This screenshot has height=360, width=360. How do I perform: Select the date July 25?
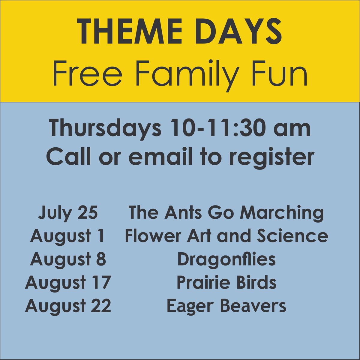coord(68,213)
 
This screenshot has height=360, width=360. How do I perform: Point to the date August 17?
coord(68,283)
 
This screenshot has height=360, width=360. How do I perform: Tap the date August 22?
coord(68,306)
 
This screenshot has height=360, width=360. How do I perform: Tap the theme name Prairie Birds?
coord(226,283)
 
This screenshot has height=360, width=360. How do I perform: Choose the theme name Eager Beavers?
coord(226,306)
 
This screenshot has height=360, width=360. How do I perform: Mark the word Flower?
coord(147,236)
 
